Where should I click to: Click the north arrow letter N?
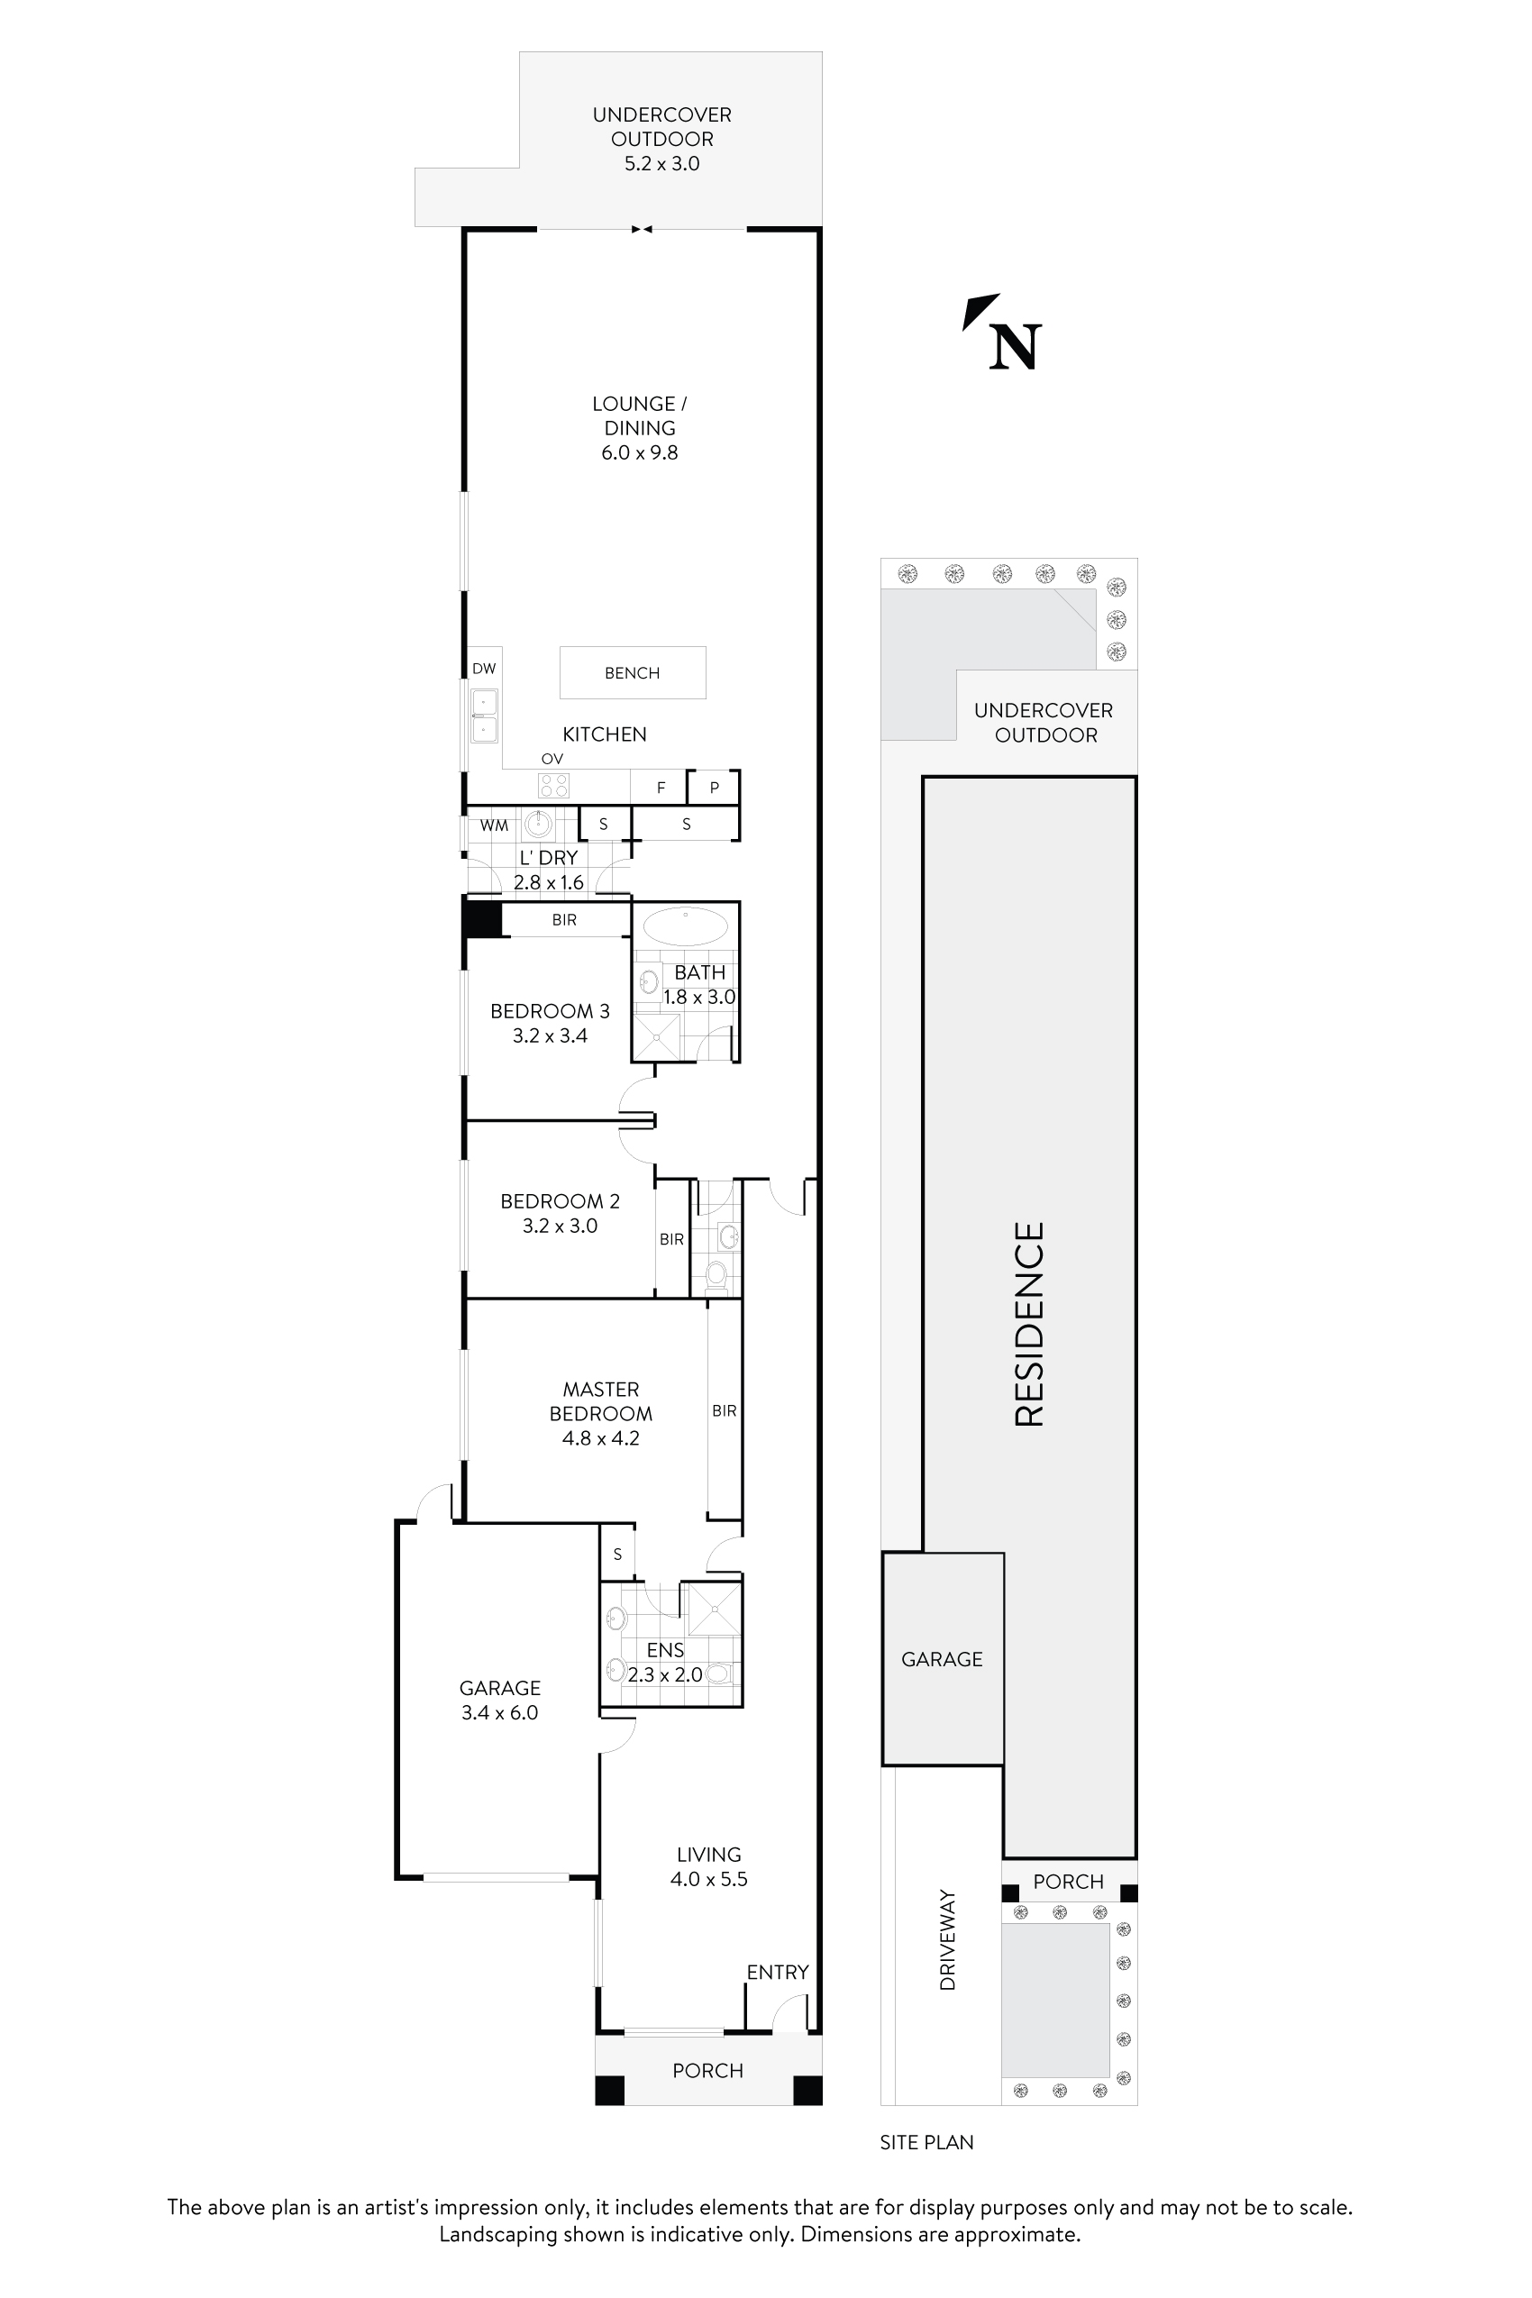coord(1014,347)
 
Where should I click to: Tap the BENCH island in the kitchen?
coord(632,672)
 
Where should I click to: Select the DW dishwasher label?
coord(484,670)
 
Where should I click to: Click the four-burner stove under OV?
coord(554,785)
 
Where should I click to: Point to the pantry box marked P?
coord(713,787)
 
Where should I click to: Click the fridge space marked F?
coord(661,788)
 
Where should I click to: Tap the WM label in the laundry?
coord(494,825)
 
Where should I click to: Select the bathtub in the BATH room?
coord(686,926)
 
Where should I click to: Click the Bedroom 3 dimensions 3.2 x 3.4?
coord(550,1035)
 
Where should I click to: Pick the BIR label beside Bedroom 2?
coord(671,1239)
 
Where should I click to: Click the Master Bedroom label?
coord(600,1401)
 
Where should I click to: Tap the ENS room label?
coord(665,1649)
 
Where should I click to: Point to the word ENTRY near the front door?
coord(777,1972)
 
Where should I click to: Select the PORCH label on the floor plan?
coord(707,2070)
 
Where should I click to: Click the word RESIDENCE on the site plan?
coord(1030,1324)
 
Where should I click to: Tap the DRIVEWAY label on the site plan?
coord(947,1952)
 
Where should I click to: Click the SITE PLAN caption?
coord(926,2142)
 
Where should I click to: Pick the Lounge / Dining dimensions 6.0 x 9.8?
coord(639,452)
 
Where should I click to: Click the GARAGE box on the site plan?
coord(942,1659)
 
